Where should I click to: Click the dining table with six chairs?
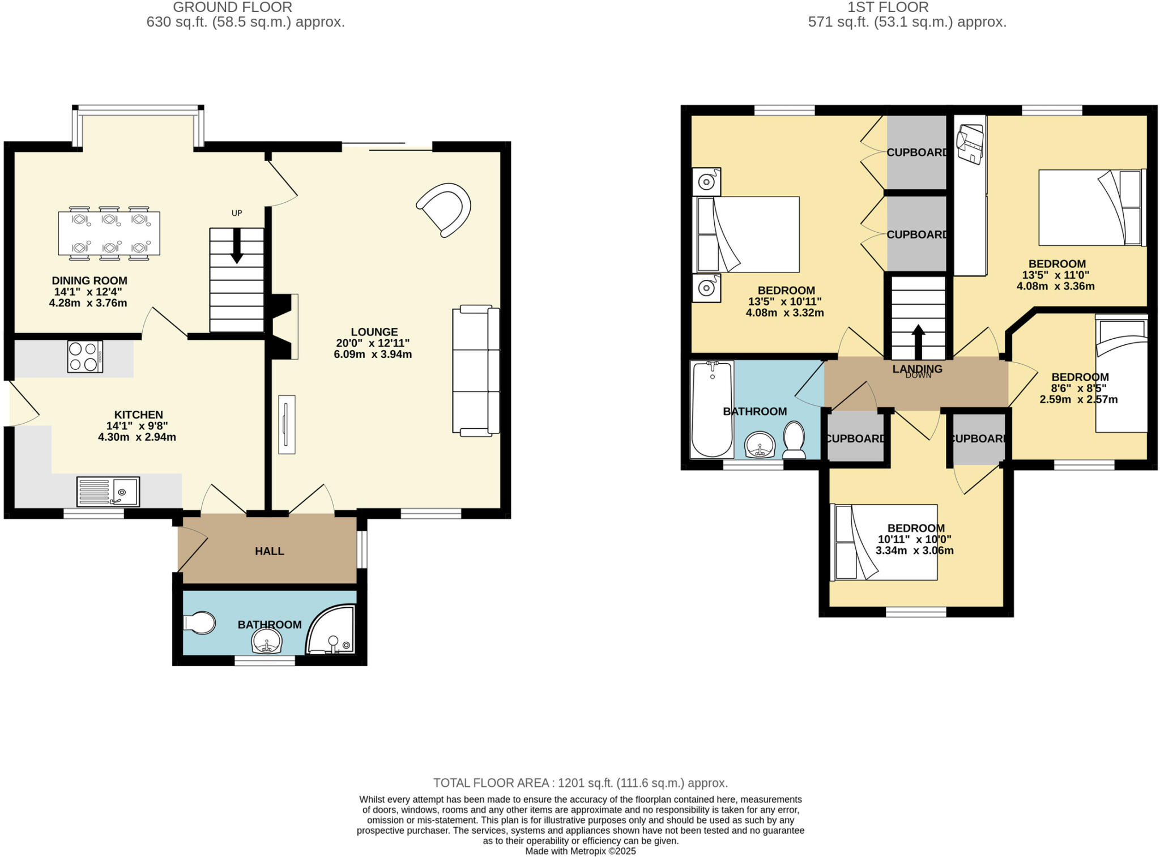click(x=109, y=233)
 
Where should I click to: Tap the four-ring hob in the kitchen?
click(x=85, y=356)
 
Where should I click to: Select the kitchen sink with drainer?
click(x=108, y=492)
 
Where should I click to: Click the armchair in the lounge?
click(x=446, y=208)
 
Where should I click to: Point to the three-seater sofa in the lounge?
click(x=476, y=370)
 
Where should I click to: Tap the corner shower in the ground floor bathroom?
click(x=332, y=630)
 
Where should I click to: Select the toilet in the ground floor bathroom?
click(x=199, y=623)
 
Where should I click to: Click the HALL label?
click(x=269, y=551)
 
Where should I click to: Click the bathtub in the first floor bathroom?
click(x=712, y=409)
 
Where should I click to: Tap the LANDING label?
click(x=917, y=369)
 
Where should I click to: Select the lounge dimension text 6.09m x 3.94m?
click(x=373, y=355)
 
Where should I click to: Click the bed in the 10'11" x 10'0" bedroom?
click(x=884, y=542)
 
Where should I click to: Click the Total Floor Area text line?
click(x=580, y=783)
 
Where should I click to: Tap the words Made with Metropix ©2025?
click(x=580, y=851)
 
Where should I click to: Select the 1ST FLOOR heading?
click(x=888, y=7)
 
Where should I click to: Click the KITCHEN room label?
click(x=138, y=415)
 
